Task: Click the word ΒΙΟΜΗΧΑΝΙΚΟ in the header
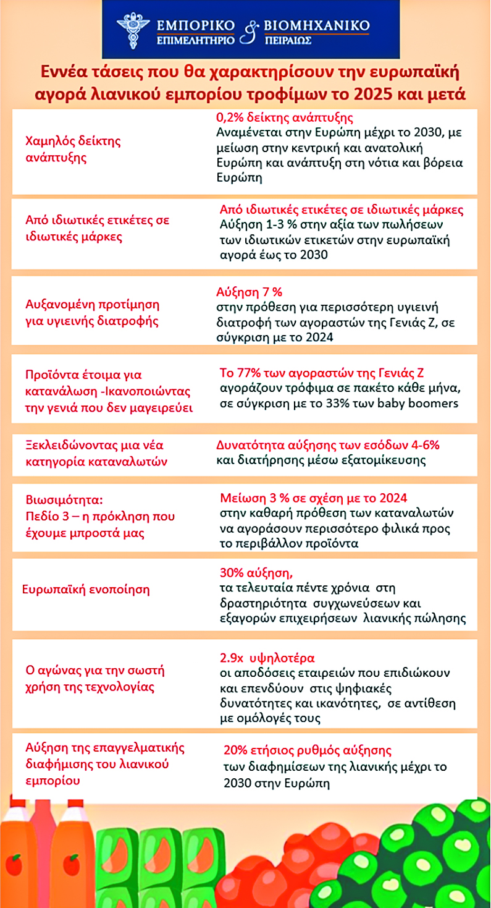tap(317, 25)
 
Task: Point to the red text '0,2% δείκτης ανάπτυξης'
tap(284, 117)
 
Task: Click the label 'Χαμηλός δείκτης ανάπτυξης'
tap(73, 149)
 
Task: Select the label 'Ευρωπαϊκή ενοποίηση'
tap(86, 588)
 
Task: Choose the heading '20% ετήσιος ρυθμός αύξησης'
tap(308, 750)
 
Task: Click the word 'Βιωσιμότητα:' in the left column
tap(61, 500)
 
